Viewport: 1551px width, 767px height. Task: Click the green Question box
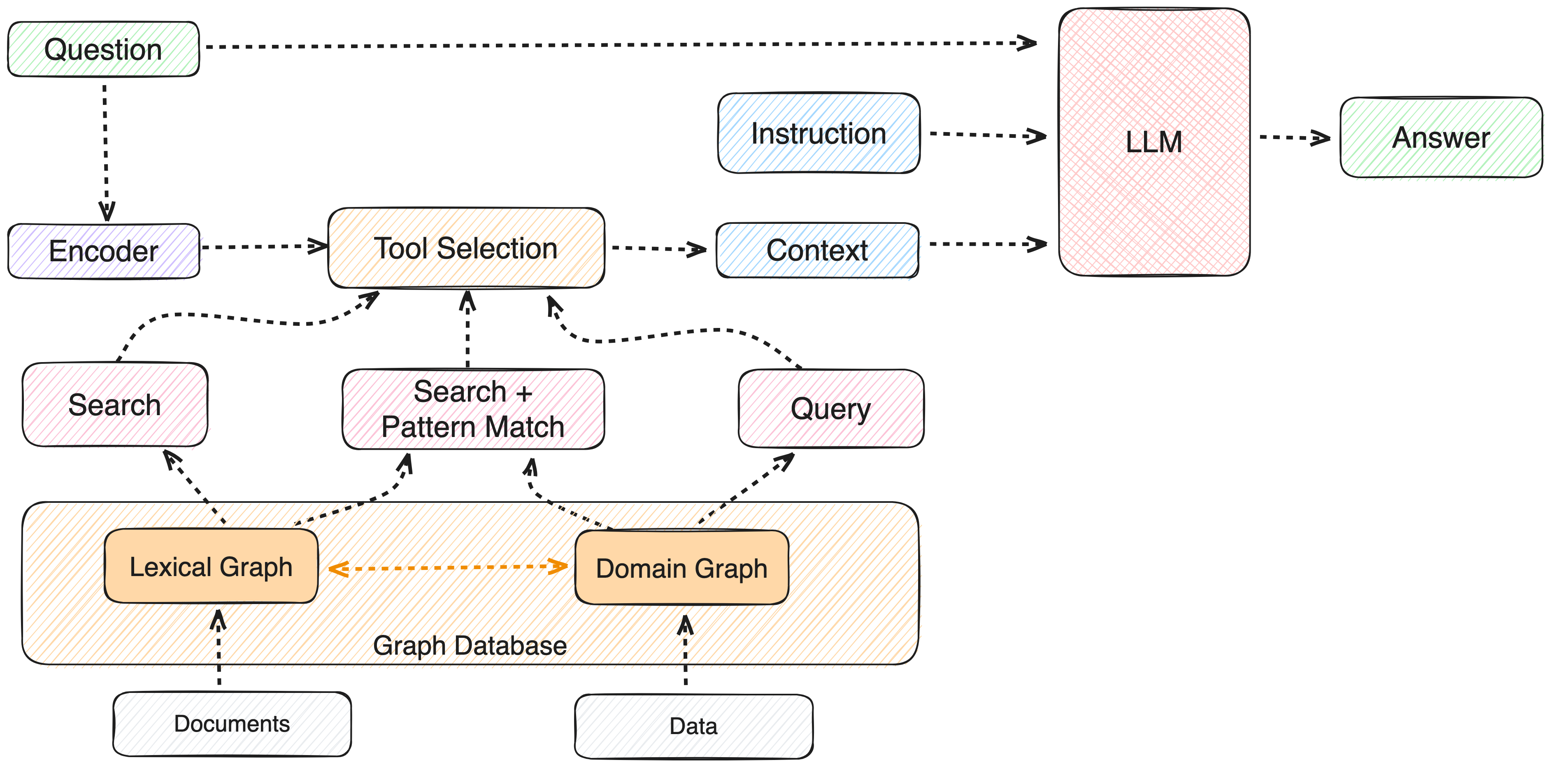click(x=104, y=49)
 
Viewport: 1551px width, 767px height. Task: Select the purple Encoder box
click(x=104, y=251)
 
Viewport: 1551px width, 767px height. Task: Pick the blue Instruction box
click(x=819, y=133)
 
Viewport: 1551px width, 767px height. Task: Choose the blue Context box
click(x=818, y=250)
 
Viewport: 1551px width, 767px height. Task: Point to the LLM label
click(x=1153, y=142)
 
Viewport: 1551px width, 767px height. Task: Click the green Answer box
click(x=1441, y=137)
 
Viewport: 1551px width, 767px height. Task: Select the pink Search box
click(x=115, y=404)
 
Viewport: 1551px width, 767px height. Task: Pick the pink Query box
click(x=831, y=409)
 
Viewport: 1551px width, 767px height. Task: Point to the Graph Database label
click(x=470, y=645)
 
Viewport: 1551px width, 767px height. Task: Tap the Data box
click(x=694, y=726)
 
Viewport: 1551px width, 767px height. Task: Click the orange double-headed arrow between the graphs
click(x=447, y=567)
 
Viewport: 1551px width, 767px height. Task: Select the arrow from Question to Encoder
click(x=106, y=153)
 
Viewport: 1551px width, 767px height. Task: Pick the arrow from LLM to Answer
click(x=1295, y=138)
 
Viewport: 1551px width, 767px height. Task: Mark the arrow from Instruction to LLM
click(x=988, y=135)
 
